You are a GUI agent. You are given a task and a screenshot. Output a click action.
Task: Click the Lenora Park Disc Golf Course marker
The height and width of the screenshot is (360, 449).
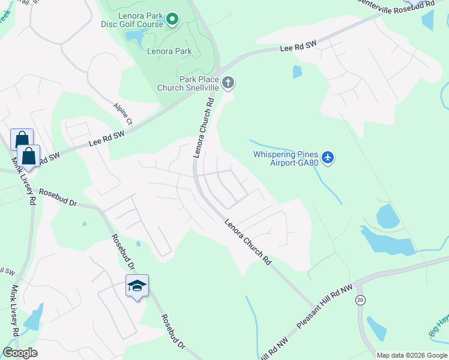coord(172,20)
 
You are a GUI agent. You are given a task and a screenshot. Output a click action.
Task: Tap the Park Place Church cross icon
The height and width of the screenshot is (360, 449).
coord(228,83)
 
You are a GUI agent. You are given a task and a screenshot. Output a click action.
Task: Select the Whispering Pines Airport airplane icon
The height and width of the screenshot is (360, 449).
coord(327,158)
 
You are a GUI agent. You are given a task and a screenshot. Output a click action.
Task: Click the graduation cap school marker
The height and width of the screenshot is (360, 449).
coord(137,286)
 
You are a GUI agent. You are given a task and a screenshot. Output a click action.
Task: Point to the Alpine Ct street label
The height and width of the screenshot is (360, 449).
coord(122,114)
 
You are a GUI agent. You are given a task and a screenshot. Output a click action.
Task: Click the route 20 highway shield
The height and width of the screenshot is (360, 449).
coord(360,300)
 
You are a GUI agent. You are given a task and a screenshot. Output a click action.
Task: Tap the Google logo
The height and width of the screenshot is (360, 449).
coord(20,353)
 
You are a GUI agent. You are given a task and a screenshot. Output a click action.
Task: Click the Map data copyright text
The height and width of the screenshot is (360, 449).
coord(411,355)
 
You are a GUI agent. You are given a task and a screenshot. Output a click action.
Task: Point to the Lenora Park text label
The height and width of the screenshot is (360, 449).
coord(169,52)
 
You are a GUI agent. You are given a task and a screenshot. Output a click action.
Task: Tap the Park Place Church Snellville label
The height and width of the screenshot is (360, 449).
coord(188,83)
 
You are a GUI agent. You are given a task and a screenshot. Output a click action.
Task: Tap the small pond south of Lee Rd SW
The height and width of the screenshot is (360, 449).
coord(297,72)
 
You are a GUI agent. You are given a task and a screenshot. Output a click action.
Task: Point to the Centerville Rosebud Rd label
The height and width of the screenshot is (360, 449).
coord(396,4)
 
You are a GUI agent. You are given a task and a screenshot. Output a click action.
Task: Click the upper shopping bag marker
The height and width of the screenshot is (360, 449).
coord(22,139)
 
